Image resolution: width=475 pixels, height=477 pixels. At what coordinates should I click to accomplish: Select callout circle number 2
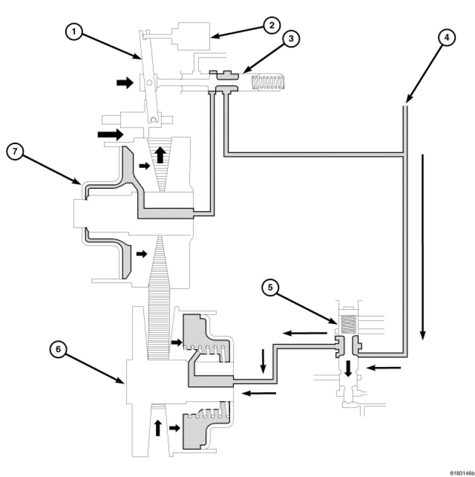click(271, 25)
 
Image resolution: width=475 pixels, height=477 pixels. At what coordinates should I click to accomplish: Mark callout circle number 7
click(14, 152)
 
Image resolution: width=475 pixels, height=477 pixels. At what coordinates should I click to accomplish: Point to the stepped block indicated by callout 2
click(190, 36)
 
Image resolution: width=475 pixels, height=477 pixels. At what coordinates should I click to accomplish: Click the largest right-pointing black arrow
click(110, 133)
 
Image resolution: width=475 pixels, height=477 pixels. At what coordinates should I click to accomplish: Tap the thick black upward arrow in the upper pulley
click(159, 155)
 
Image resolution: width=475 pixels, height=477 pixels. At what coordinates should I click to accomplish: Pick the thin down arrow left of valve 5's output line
click(263, 362)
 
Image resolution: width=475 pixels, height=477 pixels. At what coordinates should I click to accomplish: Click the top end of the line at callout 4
click(405, 104)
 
